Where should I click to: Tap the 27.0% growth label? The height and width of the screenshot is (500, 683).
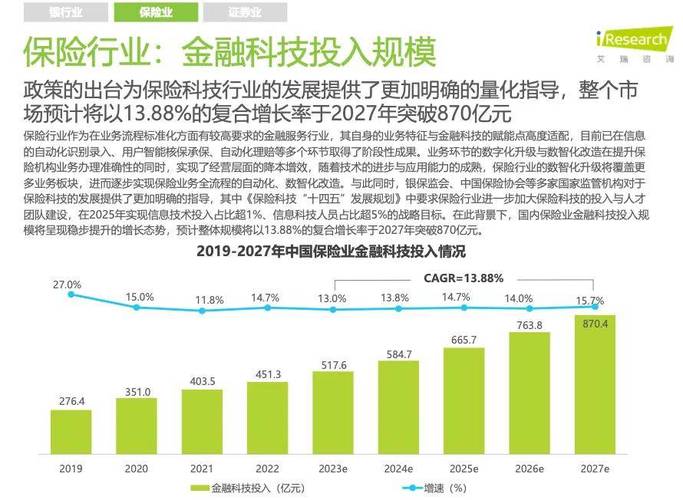(67, 284)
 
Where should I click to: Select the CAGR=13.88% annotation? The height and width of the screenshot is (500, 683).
(463, 277)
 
